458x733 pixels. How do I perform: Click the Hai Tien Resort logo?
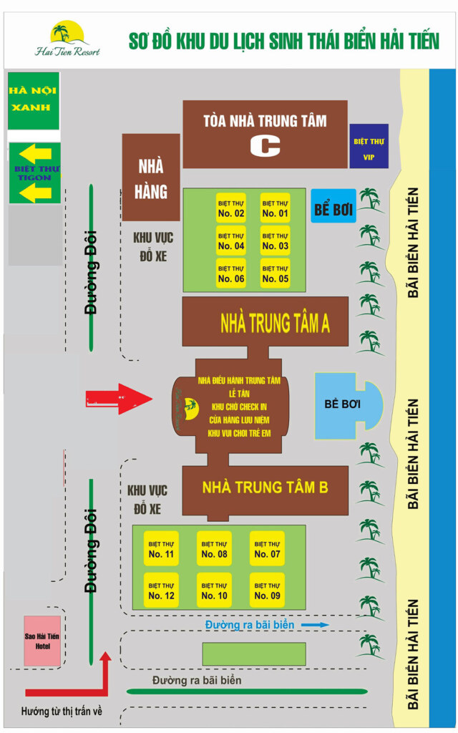[x=67, y=39]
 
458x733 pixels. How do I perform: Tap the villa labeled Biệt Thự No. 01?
[x=276, y=208]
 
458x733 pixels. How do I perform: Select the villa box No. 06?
[x=231, y=273]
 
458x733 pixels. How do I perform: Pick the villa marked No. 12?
[x=161, y=591]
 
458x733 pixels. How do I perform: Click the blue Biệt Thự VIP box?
[x=369, y=146]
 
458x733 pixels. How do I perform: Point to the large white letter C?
[x=265, y=146]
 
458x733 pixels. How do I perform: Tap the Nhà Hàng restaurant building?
[x=151, y=178]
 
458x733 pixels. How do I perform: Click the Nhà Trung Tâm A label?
[x=275, y=323]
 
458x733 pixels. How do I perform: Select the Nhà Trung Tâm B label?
[x=265, y=487]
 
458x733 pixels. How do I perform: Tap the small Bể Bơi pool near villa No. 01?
[x=333, y=206]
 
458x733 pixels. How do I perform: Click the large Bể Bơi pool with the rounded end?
[x=349, y=405]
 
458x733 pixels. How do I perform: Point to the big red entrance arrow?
[x=120, y=399]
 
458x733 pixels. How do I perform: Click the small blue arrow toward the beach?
[x=315, y=624]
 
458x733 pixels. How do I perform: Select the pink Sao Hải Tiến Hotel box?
[x=42, y=641]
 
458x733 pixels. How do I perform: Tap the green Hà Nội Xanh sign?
[x=34, y=101]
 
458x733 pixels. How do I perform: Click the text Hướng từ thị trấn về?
[x=62, y=712]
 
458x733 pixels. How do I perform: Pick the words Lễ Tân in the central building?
[x=239, y=394]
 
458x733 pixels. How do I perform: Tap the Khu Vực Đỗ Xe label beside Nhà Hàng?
[x=153, y=246]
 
